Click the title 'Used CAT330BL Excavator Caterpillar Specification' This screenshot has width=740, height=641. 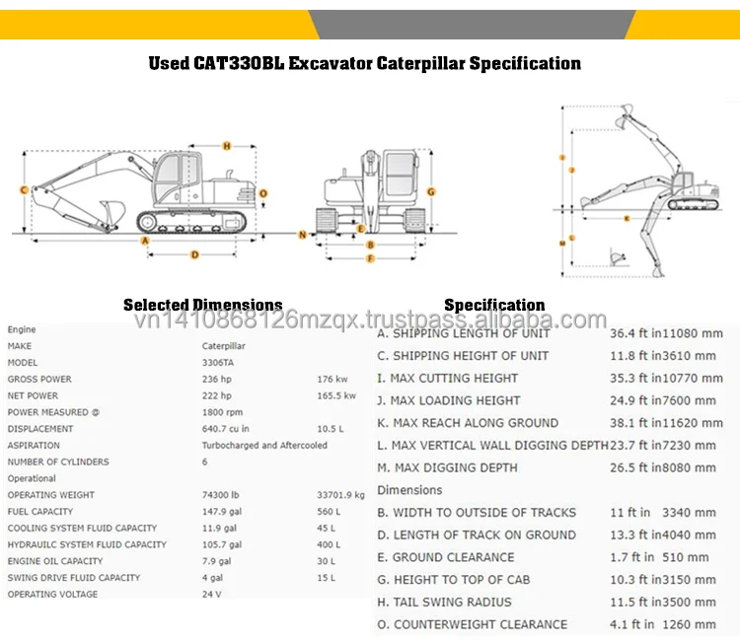[364, 64]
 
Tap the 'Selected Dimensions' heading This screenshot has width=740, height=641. [202, 306]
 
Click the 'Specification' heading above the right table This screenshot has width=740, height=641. [494, 306]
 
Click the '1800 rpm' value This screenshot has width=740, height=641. [223, 412]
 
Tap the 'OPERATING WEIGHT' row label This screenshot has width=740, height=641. [51, 495]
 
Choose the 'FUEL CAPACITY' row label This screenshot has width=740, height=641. [40, 512]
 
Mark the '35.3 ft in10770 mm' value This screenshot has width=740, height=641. [666, 378]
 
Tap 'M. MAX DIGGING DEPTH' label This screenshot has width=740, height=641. [448, 467]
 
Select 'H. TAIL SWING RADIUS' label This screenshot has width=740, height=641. [444, 602]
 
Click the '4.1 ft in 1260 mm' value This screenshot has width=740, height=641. [663, 624]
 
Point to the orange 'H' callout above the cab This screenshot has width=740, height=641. [226, 146]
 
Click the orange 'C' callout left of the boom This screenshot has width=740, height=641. [22, 189]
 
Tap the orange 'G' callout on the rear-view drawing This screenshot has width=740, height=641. [431, 189]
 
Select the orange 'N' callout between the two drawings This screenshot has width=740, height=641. [302, 235]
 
